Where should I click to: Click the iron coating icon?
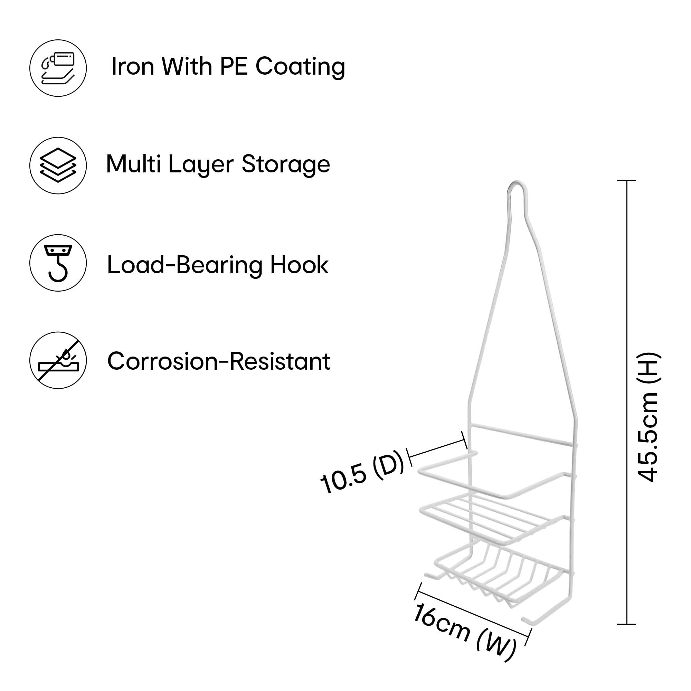pos(58,68)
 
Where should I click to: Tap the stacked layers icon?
pos(58,165)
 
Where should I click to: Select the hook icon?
pos(58,263)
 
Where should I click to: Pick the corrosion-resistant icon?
pos(58,360)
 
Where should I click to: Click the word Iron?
pos(133,67)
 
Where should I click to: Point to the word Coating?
pos(300,67)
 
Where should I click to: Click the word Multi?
pos(133,164)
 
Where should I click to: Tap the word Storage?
pos(286,164)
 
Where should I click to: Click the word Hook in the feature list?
pos(299,265)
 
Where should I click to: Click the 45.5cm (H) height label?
pos(649,417)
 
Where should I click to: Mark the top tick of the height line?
pos(626,180)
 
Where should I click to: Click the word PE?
pos(234,67)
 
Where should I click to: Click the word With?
pos(186,67)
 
